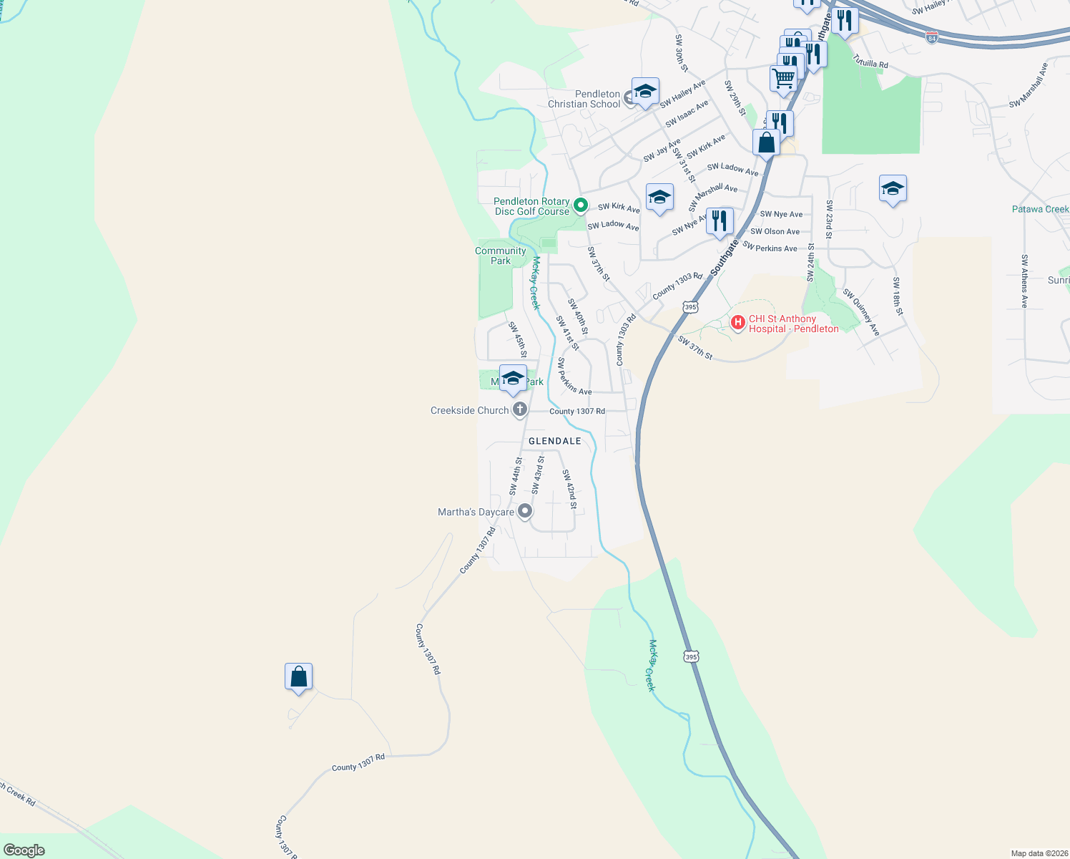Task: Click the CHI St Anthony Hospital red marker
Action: [738, 323]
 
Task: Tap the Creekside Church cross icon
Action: [520, 410]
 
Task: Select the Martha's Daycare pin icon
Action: [525, 511]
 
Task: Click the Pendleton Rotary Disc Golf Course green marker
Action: [581, 206]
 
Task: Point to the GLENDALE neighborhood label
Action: [555, 441]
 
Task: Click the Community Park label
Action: [501, 256]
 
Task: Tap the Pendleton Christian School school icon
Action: [645, 92]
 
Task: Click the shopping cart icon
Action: [784, 78]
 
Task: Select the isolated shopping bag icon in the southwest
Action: [298, 676]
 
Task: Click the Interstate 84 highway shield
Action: [932, 37]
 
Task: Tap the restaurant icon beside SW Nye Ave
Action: [720, 221]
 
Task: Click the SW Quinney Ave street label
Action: [861, 312]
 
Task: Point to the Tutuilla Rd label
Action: [870, 63]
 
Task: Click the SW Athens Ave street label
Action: [1025, 281]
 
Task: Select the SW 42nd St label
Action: [569, 489]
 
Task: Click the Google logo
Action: [24, 850]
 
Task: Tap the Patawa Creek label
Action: [1040, 209]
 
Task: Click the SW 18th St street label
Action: [898, 296]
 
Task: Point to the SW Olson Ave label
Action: [775, 231]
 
